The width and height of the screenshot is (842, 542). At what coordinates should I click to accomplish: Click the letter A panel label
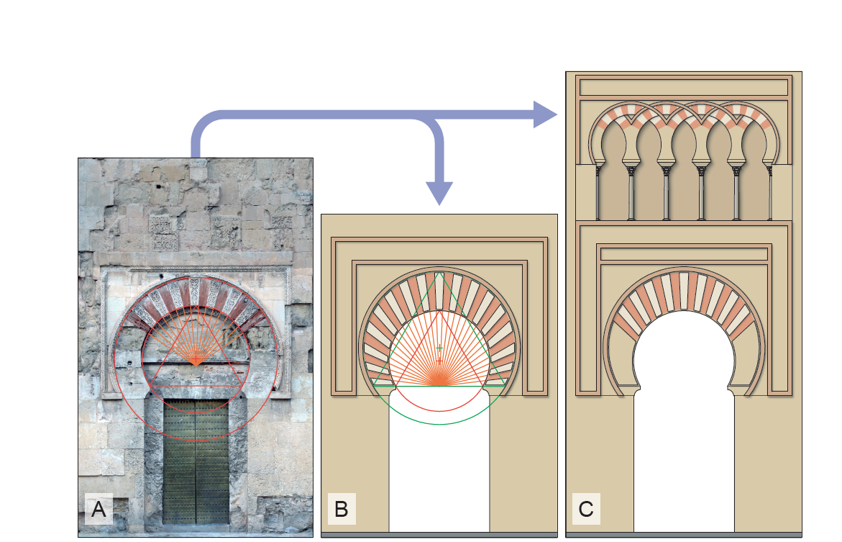pos(99,509)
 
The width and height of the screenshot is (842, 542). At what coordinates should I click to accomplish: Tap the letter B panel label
pos(342,509)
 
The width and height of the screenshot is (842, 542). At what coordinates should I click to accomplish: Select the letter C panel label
pos(586,509)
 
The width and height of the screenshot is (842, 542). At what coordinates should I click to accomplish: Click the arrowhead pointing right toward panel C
pos(545,114)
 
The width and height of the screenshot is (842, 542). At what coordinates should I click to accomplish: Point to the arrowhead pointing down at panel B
pos(439,193)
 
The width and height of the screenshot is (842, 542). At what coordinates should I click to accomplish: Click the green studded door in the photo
pos(196,461)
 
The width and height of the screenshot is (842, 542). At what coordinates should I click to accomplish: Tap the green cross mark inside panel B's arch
pos(439,348)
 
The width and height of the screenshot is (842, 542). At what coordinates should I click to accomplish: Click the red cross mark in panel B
pos(439,361)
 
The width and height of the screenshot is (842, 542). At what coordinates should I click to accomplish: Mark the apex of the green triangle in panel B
pos(439,272)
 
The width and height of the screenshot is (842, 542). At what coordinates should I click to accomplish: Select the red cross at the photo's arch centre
pos(196,358)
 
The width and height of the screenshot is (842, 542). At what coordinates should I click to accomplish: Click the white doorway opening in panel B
pos(439,462)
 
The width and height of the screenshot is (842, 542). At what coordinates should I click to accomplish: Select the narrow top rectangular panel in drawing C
pos(684,87)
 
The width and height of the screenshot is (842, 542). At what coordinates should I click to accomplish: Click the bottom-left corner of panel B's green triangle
pos(374,386)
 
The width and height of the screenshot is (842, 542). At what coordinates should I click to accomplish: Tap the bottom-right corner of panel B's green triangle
pos(505,386)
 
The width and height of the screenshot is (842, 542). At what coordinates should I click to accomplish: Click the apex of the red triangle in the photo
pos(196,307)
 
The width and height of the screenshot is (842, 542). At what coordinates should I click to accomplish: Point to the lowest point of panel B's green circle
pos(439,424)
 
